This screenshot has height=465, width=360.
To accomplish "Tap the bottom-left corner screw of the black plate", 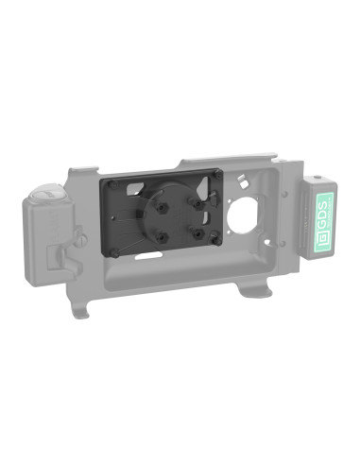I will (x=115, y=253).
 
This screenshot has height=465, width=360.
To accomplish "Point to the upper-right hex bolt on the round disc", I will (x=198, y=199).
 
